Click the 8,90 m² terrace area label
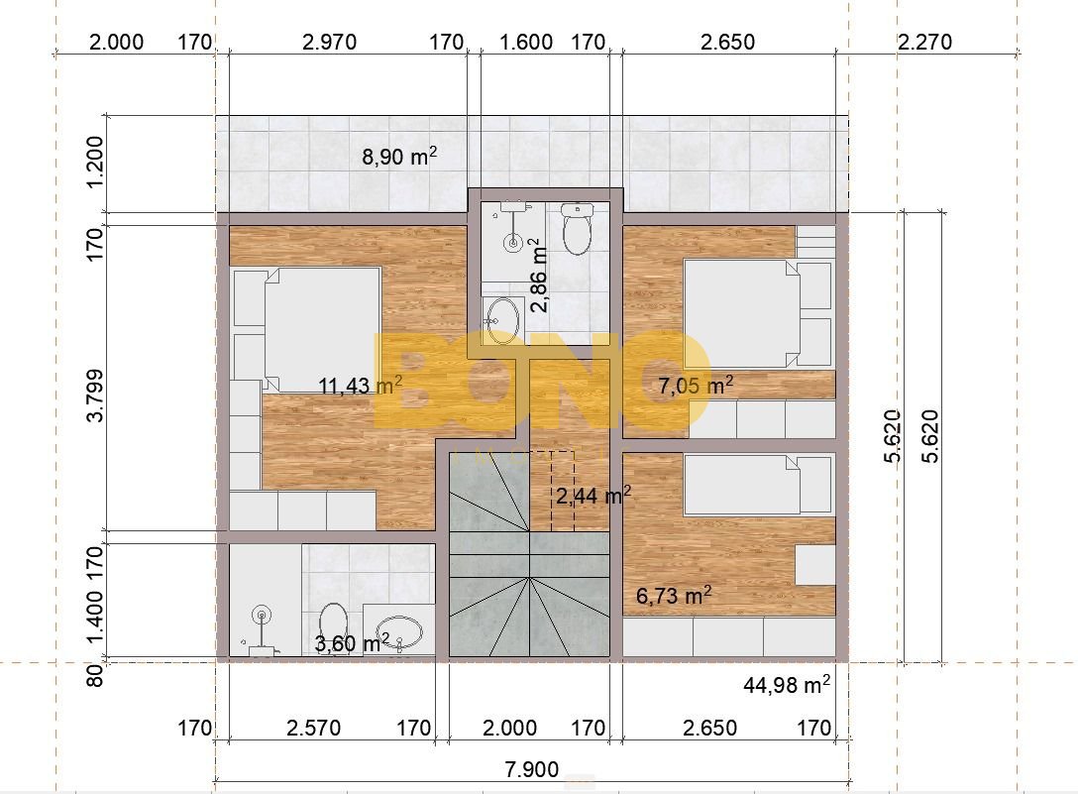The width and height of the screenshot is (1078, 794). (x=399, y=157)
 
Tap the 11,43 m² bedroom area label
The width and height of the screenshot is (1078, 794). (x=361, y=386)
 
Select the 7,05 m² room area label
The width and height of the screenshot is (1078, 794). (x=696, y=386)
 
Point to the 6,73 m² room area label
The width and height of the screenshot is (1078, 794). (x=673, y=595)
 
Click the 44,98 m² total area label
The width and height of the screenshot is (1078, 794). (x=787, y=685)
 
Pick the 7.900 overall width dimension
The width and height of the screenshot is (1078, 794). (x=531, y=768)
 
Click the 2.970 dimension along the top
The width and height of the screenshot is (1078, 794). (x=329, y=42)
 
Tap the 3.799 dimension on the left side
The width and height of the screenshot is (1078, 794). (x=95, y=395)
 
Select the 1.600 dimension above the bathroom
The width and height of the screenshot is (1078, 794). (x=526, y=42)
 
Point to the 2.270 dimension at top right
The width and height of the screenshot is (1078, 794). (x=924, y=42)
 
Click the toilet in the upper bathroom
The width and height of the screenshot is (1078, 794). (x=577, y=229)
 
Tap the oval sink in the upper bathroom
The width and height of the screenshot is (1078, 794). (x=502, y=320)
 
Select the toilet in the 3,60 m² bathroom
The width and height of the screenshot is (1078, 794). (x=334, y=627)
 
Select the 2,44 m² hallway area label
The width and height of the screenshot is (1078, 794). (x=593, y=495)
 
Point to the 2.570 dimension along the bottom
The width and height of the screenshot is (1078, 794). (x=313, y=728)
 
